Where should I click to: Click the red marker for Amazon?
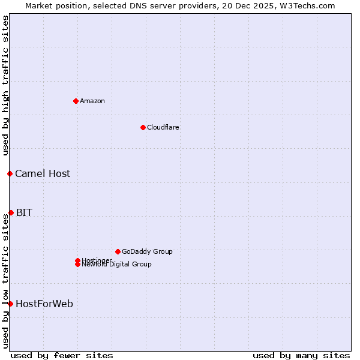76,101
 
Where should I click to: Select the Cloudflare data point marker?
143,127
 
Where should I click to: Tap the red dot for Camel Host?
10,173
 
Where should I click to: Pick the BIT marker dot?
11,212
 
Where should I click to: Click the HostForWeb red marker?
10,304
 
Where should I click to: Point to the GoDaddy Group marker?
118,251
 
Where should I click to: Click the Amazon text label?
92,101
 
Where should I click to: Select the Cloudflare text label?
163,127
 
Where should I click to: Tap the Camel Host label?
43,173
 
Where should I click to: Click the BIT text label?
24,212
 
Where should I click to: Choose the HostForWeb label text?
44,304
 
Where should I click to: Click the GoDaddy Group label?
147,251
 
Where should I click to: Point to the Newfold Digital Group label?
117,265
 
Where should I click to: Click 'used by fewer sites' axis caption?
62,355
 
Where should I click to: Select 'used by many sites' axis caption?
301,355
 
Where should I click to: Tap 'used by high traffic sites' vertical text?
5,85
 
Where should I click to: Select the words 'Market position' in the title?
53,5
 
